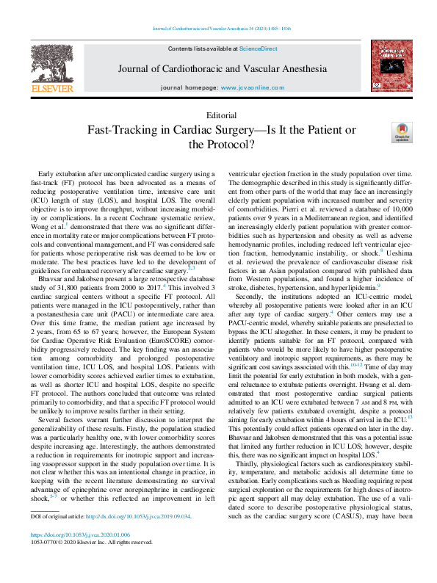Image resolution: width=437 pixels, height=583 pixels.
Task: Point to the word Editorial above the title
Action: (222, 115)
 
